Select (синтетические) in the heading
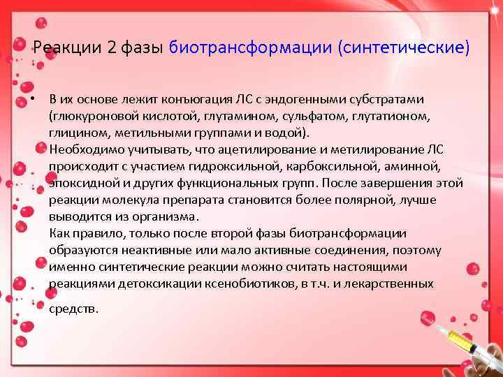coord(404,47)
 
